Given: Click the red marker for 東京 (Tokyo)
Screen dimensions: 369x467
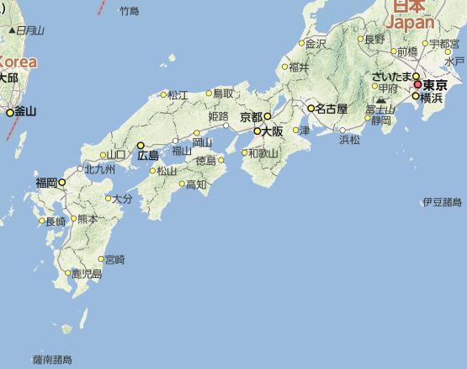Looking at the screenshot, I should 417,85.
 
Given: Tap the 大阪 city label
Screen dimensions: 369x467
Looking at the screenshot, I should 272,131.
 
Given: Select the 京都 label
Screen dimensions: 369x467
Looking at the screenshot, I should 251,116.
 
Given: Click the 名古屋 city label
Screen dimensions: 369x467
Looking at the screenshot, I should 328,109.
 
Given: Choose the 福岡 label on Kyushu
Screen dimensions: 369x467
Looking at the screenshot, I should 45,181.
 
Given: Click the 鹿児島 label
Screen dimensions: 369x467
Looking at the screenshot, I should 86,274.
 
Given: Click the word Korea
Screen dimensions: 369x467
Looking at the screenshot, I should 19,61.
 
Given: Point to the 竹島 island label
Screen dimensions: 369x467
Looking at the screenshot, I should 128,11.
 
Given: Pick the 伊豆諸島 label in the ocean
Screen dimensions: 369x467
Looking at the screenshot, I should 442,202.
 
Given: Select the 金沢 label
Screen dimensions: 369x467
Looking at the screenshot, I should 316,43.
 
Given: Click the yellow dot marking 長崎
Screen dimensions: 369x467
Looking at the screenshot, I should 42,222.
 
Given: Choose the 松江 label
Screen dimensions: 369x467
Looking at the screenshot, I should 178,95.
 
